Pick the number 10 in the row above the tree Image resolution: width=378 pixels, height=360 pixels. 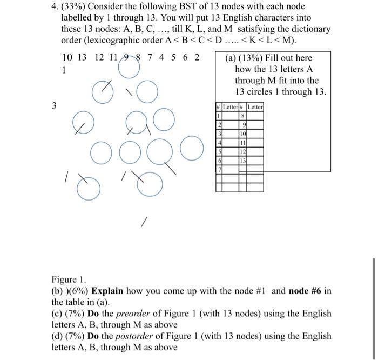67,58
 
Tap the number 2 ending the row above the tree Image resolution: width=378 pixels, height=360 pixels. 197,58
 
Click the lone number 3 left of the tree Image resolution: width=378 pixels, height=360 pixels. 53,106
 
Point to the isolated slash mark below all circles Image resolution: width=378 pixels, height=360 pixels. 144,222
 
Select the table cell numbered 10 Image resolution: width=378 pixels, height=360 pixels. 243,134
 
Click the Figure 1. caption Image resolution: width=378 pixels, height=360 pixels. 69,279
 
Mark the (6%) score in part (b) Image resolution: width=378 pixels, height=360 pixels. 77,291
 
